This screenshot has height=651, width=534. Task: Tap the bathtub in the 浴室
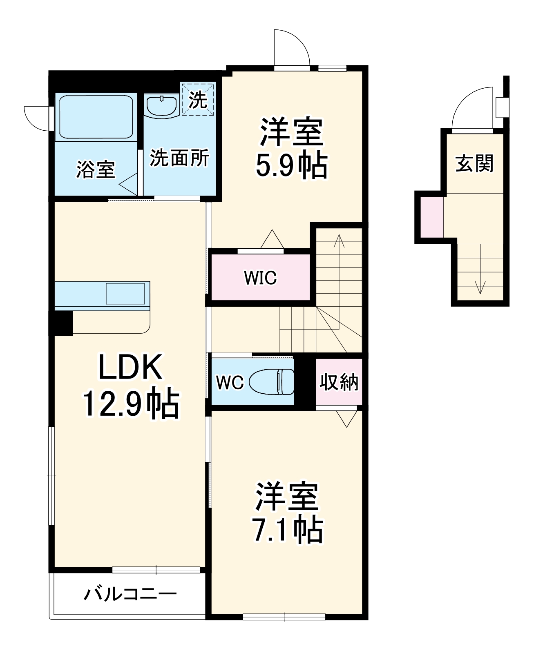coord(96,117)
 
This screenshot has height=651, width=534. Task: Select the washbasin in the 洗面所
coord(161,106)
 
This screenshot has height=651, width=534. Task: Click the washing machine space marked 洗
coord(198,99)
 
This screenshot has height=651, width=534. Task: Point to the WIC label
coord(260,278)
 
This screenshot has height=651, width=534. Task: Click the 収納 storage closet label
coord(339,382)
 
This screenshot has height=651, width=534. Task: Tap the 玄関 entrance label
coord(474,163)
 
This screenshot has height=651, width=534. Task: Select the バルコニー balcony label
coord(130,594)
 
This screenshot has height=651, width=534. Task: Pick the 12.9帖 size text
coord(131,404)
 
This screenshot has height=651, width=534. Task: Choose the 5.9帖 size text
coord(291,165)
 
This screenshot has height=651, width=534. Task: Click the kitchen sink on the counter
coord(125,294)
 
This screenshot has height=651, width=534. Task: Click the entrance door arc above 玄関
coord(471,107)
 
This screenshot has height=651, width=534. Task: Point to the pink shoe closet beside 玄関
coord(432,216)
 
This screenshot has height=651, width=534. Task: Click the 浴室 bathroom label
coord(96,169)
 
